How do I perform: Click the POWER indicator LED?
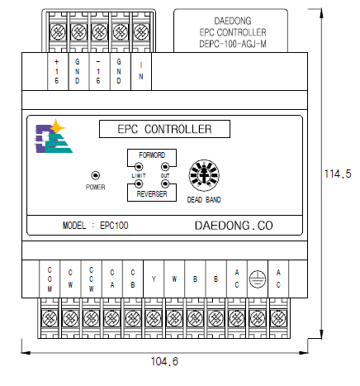point(95,175)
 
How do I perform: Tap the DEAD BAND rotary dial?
point(204,175)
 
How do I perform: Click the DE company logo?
point(53,136)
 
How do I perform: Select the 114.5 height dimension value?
point(338,174)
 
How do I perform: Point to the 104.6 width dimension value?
point(164,361)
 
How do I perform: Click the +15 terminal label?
point(57,71)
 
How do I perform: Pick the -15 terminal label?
point(98,71)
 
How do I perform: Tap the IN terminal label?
point(141,71)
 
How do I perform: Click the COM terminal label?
point(50,279)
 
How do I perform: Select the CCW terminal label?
point(91,279)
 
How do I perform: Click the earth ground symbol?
point(258,279)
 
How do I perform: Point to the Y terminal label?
point(154,279)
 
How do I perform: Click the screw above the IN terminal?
point(141,32)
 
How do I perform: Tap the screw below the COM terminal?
point(50,318)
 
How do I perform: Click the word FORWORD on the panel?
point(152,155)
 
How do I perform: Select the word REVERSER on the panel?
point(152,194)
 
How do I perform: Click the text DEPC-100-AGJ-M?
point(233,44)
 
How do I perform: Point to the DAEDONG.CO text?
point(234,226)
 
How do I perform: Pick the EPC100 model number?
point(114,226)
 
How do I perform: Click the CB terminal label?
point(133,279)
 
